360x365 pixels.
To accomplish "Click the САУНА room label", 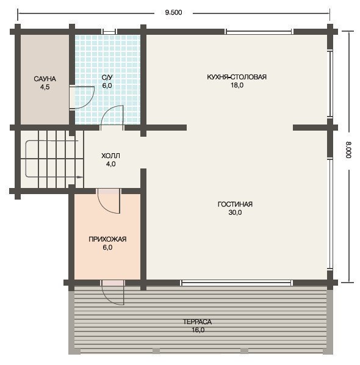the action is point(45,79).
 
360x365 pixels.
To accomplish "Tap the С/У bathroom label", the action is point(107,78).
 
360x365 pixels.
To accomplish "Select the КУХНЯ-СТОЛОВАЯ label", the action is point(237,77).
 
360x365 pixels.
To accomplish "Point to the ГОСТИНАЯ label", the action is point(235,204).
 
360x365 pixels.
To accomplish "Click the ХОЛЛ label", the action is point(111,156).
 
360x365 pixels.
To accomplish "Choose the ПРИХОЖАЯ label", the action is point(107,239).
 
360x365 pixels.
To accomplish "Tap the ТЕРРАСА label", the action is point(197,322).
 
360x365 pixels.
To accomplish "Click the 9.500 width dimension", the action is point(173,12).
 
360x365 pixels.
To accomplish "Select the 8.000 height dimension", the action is point(348,150).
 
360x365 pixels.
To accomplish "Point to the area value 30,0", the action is point(235,212).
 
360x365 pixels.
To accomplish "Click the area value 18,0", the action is point(237,85).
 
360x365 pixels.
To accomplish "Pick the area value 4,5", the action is point(45,87).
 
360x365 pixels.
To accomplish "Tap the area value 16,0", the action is point(198,330).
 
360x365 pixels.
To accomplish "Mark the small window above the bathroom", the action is point(109,32).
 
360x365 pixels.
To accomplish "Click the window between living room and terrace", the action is point(236,283).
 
